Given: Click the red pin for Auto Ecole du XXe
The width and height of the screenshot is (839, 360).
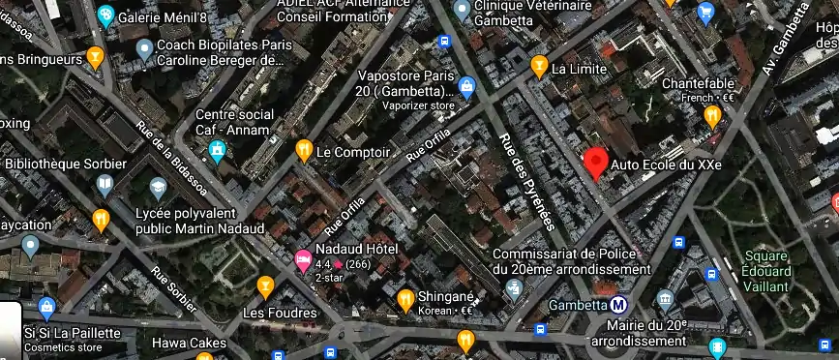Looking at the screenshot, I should pyautogui.click(x=596, y=162).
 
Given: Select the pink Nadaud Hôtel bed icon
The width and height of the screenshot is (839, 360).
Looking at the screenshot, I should pyautogui.click(x=303, y=258).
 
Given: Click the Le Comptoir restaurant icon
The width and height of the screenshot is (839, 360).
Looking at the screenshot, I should pyautogui.click(x=304, y=151).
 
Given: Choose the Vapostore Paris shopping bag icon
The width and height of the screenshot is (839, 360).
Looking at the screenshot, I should pyautogui.click(x=467, y=88).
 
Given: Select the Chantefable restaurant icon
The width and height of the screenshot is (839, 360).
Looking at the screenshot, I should pyautogui.click(x=713, y=116).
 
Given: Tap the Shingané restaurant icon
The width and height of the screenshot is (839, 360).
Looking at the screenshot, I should pyautogui.click(x=406, y=302).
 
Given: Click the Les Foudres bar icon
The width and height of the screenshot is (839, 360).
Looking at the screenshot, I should pyautogui.click(x=265, y=286).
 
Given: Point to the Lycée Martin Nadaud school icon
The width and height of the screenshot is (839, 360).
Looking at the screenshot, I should pyautogui.click(x=158, y=186).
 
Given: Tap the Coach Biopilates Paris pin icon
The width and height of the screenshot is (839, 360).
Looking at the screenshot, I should pyautogui.click(x=144, y=48).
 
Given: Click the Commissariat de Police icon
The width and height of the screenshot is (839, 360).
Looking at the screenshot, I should pyautogui.click(x=515, y=288).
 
